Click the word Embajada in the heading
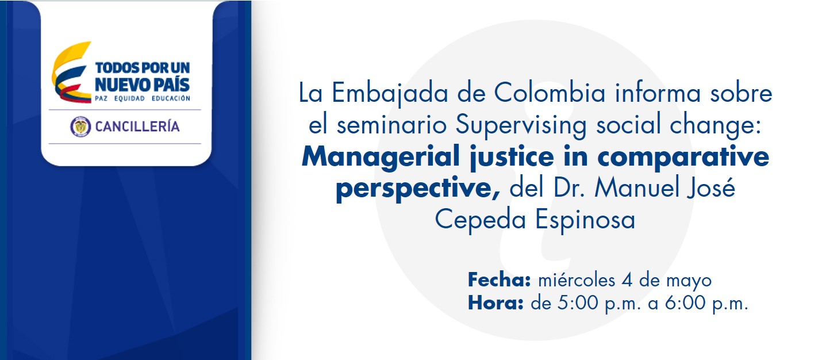pos(390,93)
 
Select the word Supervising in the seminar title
pos(521,125)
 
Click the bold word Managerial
pos(380,157)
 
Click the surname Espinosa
pos(585,220)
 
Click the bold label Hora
pos(495,303)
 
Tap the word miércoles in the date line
pos(577,280)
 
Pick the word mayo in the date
pos(689,282)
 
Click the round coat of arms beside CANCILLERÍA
pos(80,127)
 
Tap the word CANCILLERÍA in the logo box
pos(137,127)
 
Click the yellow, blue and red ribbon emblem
pos(71,72)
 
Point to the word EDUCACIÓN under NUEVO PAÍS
pos(171,98)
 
